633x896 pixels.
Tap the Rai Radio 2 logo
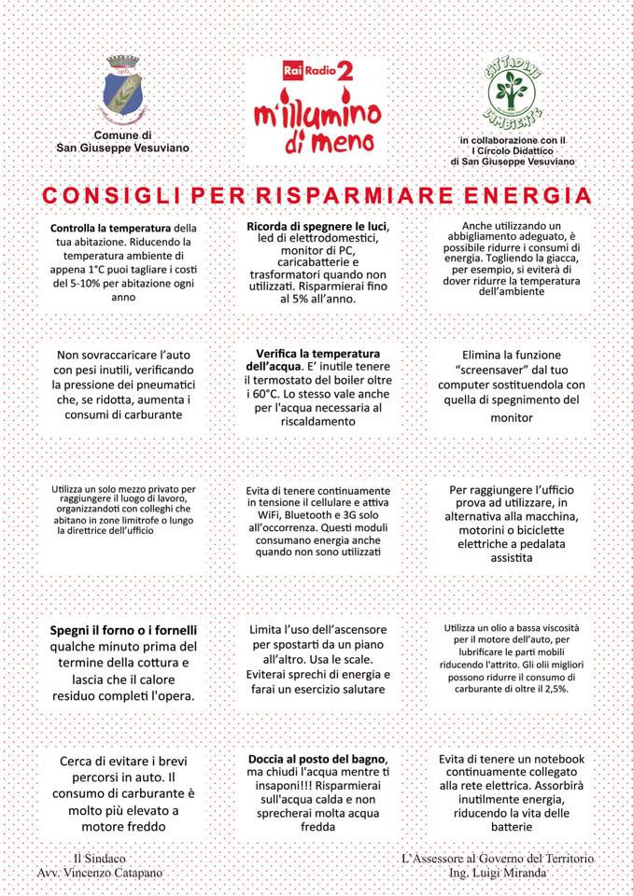[317, 72]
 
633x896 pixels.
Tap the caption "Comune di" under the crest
[122, 135]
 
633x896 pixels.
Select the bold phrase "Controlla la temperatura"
[110, 228]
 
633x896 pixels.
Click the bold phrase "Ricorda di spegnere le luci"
[317, 227]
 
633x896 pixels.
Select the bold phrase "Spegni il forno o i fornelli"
[123, 630]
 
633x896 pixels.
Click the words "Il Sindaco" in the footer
[99, 858]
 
